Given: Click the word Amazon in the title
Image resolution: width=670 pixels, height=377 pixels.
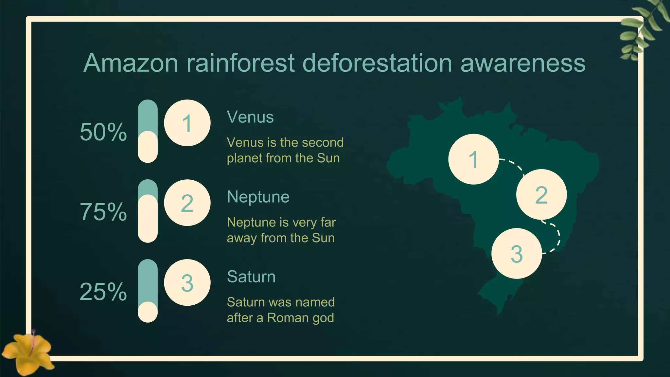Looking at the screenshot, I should [x=131, y=63].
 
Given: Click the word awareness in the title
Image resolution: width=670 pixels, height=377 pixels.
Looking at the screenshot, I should [x=523, y=63].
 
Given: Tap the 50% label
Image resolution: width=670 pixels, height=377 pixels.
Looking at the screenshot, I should [x=103, y=132].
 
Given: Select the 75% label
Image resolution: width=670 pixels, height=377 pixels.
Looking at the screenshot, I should [x=103, y=212].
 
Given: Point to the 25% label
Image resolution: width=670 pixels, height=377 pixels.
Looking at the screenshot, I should [x=103, y=292].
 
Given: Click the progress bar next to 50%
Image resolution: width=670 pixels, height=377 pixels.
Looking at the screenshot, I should [x=148, y=131].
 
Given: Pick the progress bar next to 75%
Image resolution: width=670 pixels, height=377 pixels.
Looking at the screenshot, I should [x=148, y=211].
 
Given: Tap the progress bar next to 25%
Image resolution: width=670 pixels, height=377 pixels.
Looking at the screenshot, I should [x=148, y=291].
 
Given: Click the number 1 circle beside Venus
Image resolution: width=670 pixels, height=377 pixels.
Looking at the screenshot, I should [x=187, y=123].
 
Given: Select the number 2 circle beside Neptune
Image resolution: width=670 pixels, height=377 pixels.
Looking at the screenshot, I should [x=187, y=203].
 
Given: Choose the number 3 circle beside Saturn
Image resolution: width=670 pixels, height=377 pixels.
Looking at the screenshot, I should [x=187, y=283].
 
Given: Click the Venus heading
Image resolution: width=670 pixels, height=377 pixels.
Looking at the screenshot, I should [x=250, y=117].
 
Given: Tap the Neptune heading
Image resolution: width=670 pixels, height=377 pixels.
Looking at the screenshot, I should [x=258, y=197].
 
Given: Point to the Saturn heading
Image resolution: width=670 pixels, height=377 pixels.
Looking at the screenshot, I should [x=251, y=277].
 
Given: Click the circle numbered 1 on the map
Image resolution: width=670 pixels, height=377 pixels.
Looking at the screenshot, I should [x=473, y=159].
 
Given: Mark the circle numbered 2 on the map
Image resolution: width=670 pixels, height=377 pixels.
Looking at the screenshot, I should [x=541, y=195].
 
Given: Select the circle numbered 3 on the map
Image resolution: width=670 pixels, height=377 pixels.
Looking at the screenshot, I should [x=517, y=254].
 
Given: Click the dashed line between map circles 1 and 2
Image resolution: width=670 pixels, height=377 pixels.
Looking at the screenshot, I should [x=515, y=165].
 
